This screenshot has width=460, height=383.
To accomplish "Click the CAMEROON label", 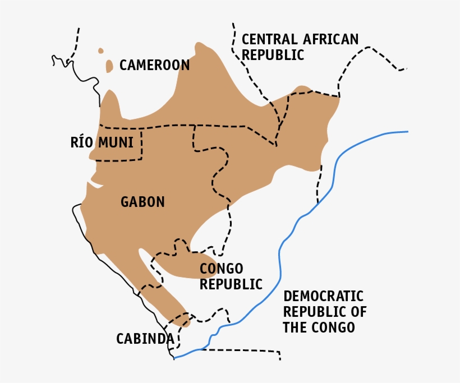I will click(x=154, y=65).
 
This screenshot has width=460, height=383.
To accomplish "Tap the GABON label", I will click(x=142, y=202).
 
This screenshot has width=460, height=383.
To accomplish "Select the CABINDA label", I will click(x=145, y=339).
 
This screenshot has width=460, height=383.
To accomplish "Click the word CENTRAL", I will click(x=269, y=39).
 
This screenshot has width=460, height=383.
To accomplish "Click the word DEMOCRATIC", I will click(x=323, y=296).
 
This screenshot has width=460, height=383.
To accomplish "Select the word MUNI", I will click(x=116, y=142).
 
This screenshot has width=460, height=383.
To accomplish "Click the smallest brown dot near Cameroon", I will click(x=101, y=50).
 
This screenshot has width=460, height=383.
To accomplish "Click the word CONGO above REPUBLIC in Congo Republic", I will click(x=221, y=269).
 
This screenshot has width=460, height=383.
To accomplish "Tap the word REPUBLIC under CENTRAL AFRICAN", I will click(x=273, y=55).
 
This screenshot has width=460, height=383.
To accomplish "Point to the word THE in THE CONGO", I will click(x=295, y=327).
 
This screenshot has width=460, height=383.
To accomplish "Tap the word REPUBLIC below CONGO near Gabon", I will click(x=231, y=284).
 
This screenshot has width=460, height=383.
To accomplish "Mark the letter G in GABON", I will click(x=125, y=202).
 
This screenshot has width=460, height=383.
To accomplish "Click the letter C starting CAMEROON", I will click(x=123, y=65).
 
